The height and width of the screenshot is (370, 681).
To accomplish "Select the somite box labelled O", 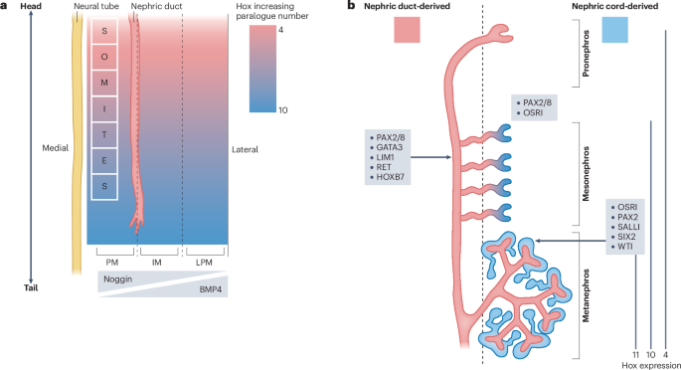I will point(104,57).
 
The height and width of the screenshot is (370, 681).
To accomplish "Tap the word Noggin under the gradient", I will point(117,282).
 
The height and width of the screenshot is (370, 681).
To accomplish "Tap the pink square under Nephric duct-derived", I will point(409,30).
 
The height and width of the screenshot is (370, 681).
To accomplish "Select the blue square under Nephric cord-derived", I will point(615,30).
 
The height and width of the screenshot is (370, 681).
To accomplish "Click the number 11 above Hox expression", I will point(634,353).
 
